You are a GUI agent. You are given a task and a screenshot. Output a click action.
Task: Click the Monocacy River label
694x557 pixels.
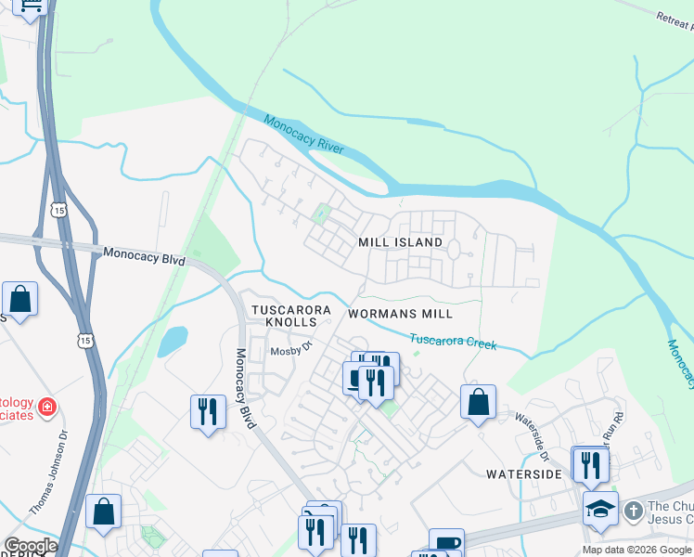point(303,135)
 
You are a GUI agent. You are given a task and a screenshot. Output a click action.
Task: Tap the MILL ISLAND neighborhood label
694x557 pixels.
point(401,242)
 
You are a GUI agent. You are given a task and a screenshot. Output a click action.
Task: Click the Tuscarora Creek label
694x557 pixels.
point(453,343)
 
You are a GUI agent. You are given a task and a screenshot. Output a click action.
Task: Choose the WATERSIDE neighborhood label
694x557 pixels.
point(524,473)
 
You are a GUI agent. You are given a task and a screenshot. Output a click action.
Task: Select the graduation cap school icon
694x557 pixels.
point(600,509)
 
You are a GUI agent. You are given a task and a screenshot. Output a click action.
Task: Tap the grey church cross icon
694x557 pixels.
point(633,511)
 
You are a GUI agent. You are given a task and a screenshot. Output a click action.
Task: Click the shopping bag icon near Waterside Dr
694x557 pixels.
point(478,402)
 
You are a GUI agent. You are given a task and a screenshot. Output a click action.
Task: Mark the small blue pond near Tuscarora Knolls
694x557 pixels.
point(172,342)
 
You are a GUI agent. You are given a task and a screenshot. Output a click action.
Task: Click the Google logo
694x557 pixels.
point(31,546)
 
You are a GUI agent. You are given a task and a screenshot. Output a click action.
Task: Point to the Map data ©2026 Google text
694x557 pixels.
point(636,550)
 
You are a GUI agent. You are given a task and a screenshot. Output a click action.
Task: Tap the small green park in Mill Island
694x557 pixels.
point(323,214)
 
